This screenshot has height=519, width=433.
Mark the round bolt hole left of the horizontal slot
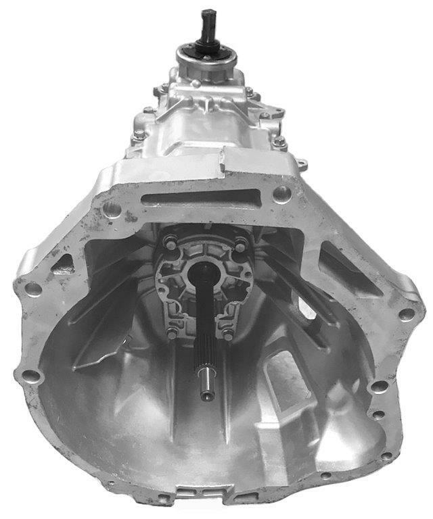pyautogui.click(x=114, y=209)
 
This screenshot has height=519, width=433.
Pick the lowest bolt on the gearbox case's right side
pyautogui.click(x=279, y=142)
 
